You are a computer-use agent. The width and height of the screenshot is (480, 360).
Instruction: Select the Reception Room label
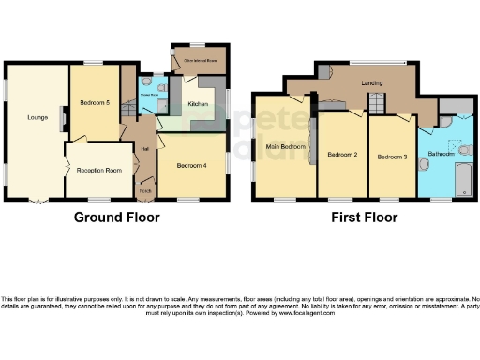pyautogui.click(x=100, y=170)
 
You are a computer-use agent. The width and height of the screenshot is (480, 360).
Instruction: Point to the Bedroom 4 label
pyautogui.click(x=192, y=165)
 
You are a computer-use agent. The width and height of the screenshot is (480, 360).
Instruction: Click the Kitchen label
pyautogui.click(x=198, y=104)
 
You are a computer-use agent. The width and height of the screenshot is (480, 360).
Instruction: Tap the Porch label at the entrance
pyautogui.click(x=145, y=190)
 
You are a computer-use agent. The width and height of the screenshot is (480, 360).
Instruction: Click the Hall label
pyautogui.click(x=145, y=148)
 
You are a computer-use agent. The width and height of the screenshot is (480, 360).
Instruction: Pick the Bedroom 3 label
pyautogui.click(x=391, y=157)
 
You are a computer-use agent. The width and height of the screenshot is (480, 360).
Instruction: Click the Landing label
pyautogui.click(x=372, y=83)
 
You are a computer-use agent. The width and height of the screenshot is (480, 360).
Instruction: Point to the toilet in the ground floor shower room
pyautogui.click(x=160, y=91)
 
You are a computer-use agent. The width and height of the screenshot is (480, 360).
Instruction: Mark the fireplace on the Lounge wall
pyautogui.click(x=62, y=118)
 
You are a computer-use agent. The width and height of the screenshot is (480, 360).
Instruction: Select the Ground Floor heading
pyautogui.click(x=117, y=217)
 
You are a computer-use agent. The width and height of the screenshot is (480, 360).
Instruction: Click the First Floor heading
pyautogui.click(x=364, y=217)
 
